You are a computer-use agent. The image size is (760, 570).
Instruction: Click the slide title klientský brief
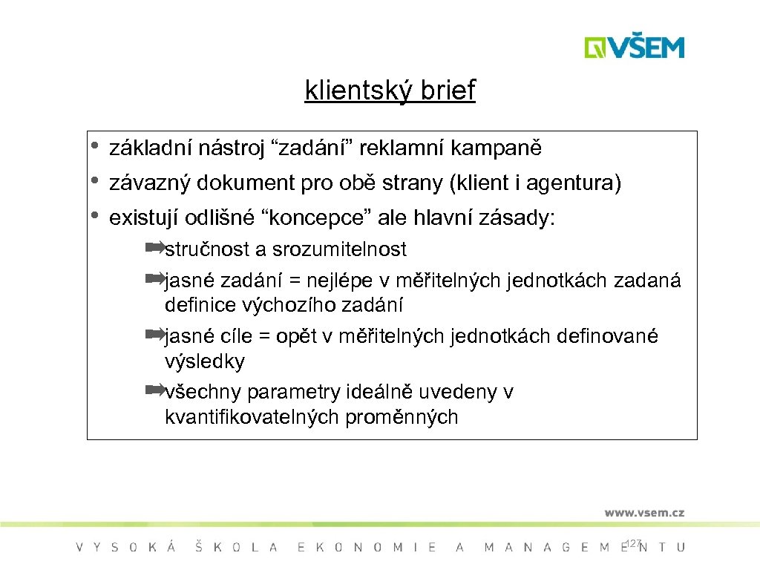point(390,91)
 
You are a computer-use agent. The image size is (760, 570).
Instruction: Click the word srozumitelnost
point(339,249)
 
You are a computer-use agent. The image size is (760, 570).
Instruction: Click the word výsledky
point(204,361)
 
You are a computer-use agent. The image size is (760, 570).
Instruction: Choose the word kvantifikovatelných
point(252,417)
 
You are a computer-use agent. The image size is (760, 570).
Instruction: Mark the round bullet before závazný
point(95,180)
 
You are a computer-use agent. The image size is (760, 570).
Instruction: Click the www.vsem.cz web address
point(643,512)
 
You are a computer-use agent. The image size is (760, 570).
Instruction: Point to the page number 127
point(632,544)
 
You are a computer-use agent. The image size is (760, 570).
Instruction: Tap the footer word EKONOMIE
point(367,548)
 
